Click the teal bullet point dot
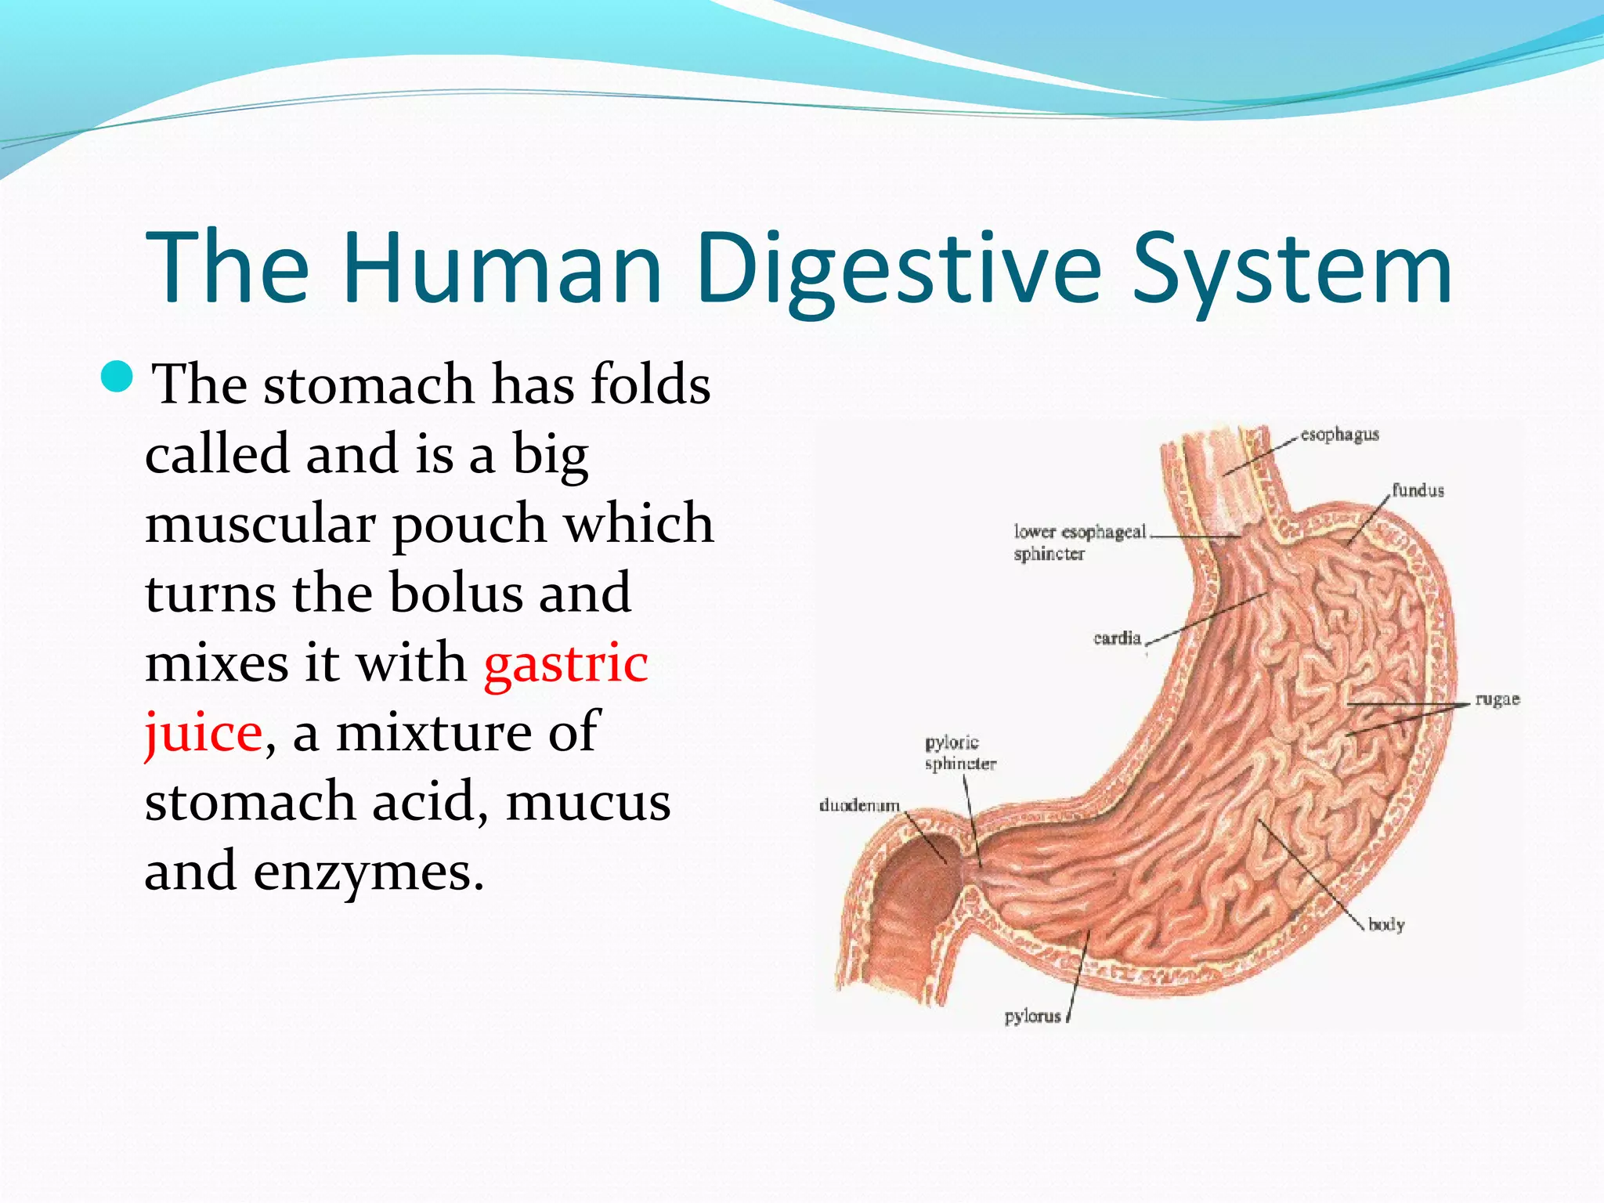(118, 378)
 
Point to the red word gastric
(566, 664)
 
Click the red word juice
(203, 733)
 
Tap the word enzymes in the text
(368, 872)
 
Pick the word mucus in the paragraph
(588, 802)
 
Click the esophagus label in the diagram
(1339, 435)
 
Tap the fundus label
(1418, 491)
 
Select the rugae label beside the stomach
(1497, 699)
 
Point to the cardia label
(1117, 638)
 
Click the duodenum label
(859, 806)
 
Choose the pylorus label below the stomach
(1032, 1017)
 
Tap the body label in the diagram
(1386, 925)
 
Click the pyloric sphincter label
(959, 753)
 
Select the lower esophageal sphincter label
(1079, 543)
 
